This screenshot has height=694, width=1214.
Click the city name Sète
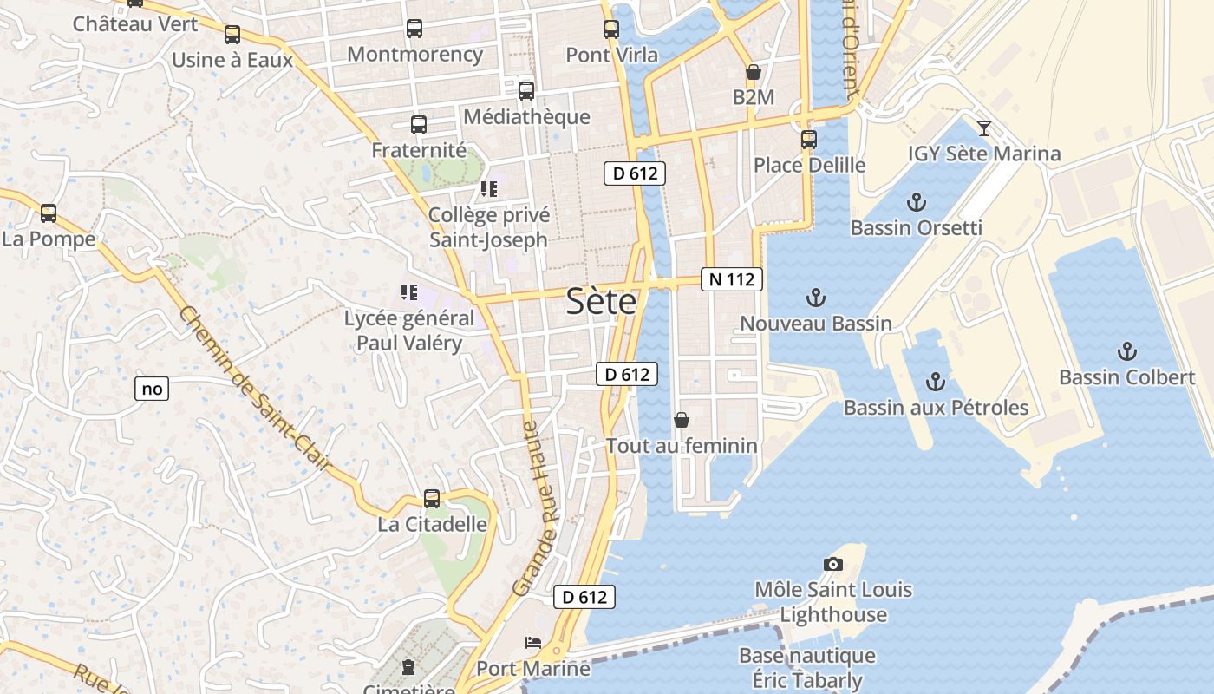point(601,302)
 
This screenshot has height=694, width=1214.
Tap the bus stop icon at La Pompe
point(49,213)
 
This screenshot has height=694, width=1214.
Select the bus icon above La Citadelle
point(432,499)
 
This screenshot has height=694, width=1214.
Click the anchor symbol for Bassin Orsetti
point(917,203)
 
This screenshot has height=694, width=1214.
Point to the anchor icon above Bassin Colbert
point(1126,351)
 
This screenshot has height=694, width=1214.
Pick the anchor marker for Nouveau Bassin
point(815,298)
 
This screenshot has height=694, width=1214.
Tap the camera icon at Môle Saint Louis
point(833,565)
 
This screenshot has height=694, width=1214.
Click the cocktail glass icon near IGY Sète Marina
point(984,128)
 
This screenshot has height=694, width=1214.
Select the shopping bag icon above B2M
point(753,72)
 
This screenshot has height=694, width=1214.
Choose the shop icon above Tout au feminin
point(682,421)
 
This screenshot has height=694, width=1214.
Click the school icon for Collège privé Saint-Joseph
point(489,188)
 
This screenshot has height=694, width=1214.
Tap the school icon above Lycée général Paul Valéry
point(409,293)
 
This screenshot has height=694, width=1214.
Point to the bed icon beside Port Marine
point(533,643)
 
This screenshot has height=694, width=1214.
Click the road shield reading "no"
point(152,389)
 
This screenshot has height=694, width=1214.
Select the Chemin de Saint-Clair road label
point(255,390)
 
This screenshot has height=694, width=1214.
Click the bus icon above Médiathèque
point(526,91)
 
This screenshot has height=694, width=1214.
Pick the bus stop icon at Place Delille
point(809,139)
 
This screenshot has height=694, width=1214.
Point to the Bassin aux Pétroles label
point(936,408)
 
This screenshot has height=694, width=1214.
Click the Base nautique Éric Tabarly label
point(806,668)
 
